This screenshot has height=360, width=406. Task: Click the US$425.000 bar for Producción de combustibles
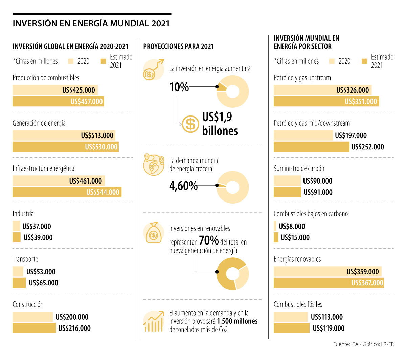(x=55, y=90)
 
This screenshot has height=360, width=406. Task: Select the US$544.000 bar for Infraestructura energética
(x=67, y=192)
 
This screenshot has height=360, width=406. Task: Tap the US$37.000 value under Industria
(x=37, y=226)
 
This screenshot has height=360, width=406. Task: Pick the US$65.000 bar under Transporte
(x=19, y=283)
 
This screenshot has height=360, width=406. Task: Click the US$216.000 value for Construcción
(x=74, y=328)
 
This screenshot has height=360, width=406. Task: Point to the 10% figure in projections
(x=179, y=87)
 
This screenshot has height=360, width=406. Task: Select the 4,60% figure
(x=183, y=186)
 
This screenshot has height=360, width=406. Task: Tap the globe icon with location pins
(x=154, y=164)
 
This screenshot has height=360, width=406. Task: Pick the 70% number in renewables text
(x=209, y=240)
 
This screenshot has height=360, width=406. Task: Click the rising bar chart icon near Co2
(x=153, y=321)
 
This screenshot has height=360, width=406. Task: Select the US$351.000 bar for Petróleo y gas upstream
(x=326, y=101)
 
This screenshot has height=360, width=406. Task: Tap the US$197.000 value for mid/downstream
(x=351, y=135)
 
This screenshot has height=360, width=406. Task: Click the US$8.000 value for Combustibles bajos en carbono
(x=292, y=226)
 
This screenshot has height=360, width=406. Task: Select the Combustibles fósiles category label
(x=298, y=304)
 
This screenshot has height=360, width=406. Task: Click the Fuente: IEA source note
(x=363, y=344)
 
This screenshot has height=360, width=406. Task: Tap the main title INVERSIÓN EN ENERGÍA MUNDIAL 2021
(x=91, y=23)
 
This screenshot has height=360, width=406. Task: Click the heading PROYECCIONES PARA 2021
(x=179, y=46)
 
